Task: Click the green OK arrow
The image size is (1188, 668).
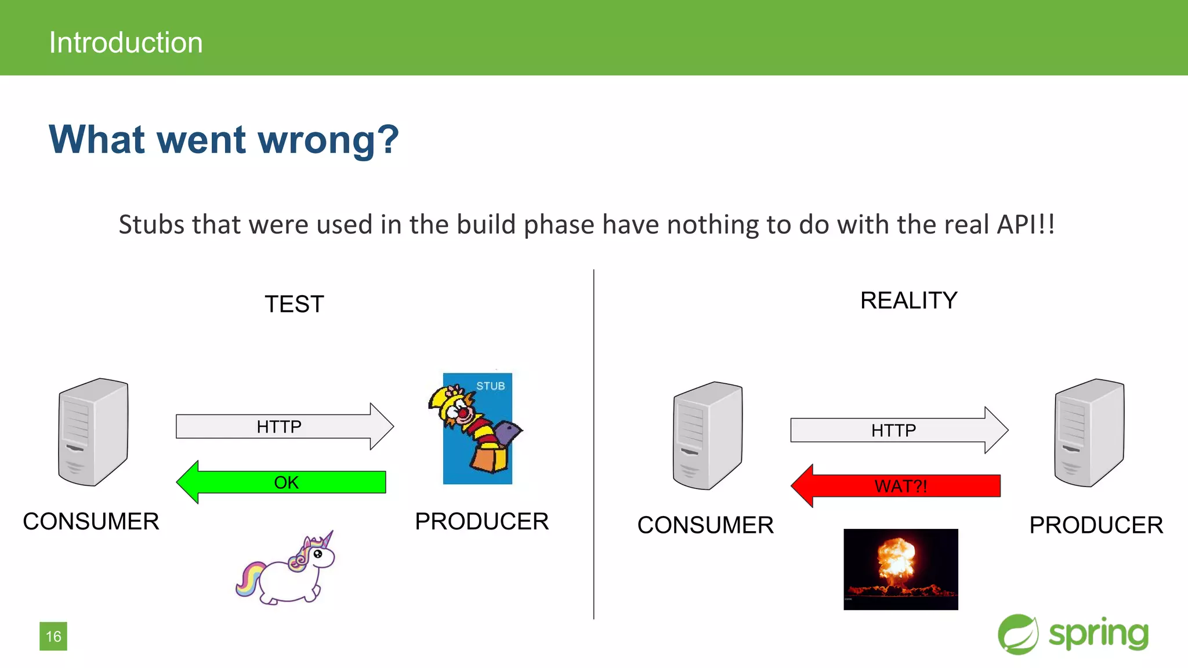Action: pyautogui.click(x=284, y=482)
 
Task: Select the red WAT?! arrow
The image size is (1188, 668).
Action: pyautogui.click(x=899, y=486)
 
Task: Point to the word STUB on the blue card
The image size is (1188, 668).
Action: pyautogui.click(x=490, y=386)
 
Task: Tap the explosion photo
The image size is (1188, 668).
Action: pyautogui.click(x=900, y=569)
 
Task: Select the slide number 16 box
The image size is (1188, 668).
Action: pyautogui.click(x=53, y=636)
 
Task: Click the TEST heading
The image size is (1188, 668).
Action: pyautogui.click(x=294, y=304)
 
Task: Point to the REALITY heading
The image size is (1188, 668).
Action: pyautogui.click(x=908, y=300)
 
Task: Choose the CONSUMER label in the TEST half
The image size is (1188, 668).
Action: pyautogui.click(x=91, y=521)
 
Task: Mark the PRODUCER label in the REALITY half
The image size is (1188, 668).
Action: pyautogui.click(x=1096, y=525)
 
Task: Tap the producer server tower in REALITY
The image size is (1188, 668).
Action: pyautogui.click(x=1089, y=433)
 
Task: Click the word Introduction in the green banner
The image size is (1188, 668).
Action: pyautogui.click(x=126, y=42)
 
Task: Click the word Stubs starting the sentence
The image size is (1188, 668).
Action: pyautogui.click(x=151, y=224)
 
